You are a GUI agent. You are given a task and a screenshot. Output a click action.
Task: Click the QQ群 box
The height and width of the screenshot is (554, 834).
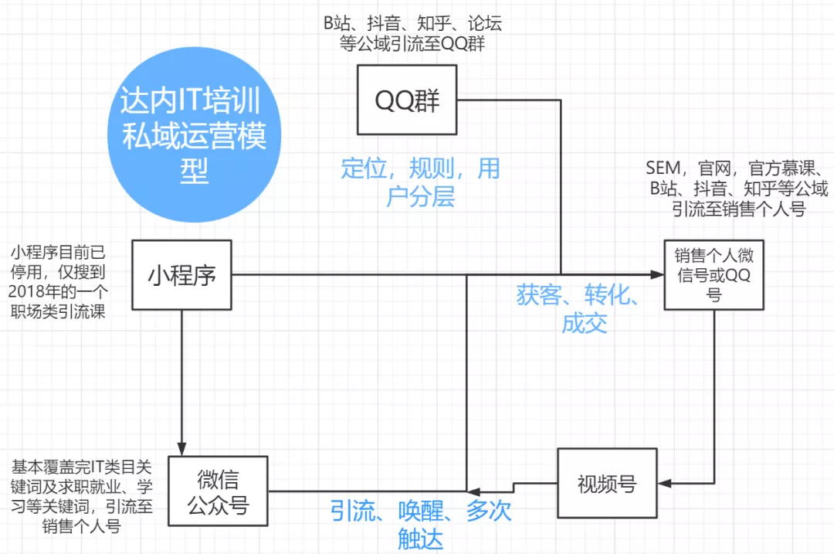coord(407,100)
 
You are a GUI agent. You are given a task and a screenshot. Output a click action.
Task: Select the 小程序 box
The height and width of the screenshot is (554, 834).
coord(182,276)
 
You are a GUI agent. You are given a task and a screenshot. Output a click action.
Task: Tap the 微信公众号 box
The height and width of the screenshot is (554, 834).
coord(218,491)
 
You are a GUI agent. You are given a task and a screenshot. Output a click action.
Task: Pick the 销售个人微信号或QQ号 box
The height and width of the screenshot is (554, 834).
coord(714,275)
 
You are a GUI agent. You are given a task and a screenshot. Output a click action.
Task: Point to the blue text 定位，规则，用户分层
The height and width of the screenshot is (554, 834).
coord(421,182)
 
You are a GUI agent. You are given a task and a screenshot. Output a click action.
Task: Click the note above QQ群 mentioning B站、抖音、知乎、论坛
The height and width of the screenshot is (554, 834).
coord(412,33)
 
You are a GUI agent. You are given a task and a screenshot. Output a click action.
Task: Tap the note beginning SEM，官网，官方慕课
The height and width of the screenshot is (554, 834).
coord(738,189)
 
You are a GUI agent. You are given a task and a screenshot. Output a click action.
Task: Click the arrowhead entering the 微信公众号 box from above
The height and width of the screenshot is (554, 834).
coord(182,449)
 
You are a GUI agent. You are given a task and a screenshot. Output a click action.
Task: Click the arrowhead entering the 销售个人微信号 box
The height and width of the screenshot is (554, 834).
coord(658,275)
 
